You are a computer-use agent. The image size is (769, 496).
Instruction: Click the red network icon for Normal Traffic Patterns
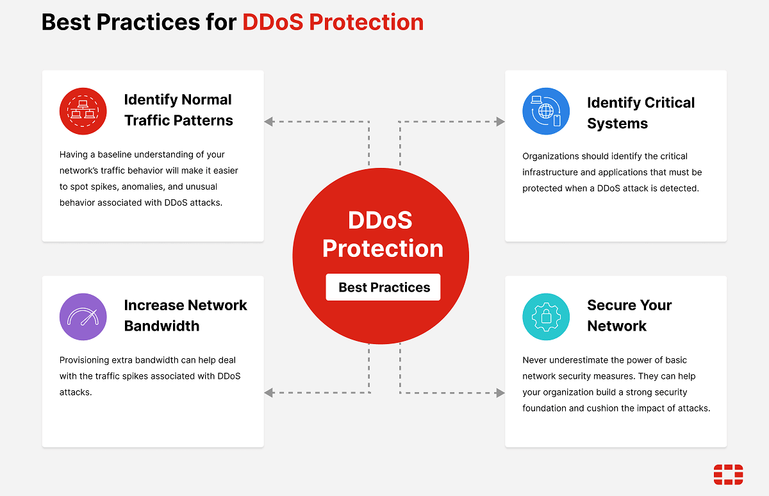click(83, 111)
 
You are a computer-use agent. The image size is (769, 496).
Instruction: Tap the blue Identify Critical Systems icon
click(546, 112)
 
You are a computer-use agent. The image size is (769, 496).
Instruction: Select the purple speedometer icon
click(83, 317)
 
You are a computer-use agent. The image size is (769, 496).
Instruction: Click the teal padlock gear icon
click(546, 317)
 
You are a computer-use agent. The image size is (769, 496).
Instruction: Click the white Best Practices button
click(383, 287)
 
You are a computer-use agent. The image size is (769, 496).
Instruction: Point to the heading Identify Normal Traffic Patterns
click(178, 110)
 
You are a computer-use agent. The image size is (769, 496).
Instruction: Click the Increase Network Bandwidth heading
click(185, 315)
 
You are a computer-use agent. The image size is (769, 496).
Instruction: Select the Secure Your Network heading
click(629, 315)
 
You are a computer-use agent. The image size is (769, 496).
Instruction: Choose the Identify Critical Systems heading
click(640, 113)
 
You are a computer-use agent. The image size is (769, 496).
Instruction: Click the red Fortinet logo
click(728, 475)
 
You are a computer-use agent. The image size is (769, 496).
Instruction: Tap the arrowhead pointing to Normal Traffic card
click(269, 121)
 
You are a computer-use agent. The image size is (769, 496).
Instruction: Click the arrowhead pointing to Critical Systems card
click(500, 121)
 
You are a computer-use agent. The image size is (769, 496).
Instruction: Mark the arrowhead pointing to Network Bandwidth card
click(269, 393)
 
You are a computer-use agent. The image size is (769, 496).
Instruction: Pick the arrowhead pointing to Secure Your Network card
click(500, 393)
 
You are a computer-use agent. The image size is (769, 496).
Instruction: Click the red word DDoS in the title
click(274, 22)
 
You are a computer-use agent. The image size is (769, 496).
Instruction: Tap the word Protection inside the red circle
click(383, 249)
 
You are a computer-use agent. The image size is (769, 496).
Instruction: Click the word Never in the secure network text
click(535, 360)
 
